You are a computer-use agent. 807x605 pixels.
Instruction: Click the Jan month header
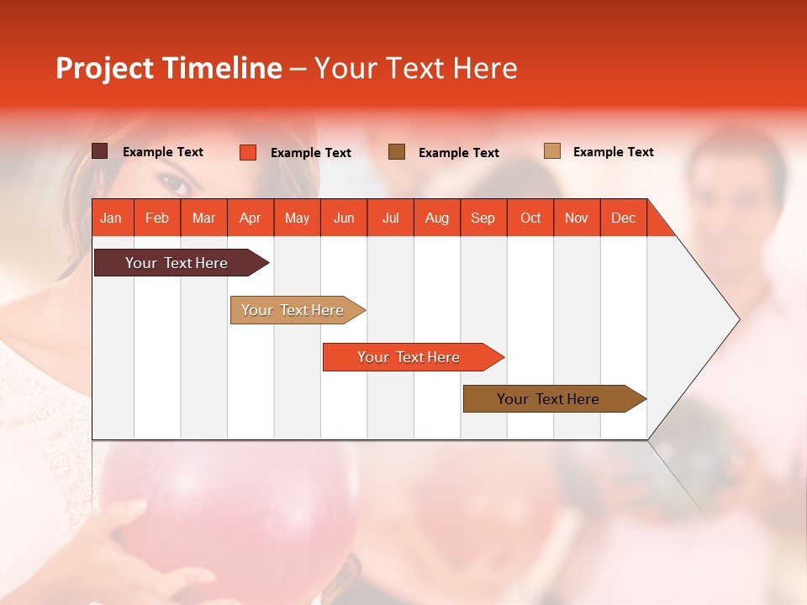click(111, 218)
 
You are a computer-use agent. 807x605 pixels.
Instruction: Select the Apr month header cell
click(250, 218)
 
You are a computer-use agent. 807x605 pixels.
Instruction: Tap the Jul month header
click(390, 218)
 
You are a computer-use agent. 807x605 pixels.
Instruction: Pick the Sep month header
click(483, 218)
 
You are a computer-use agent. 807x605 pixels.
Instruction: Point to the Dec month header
click(623, 218)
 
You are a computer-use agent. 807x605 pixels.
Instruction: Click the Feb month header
click(157, 218)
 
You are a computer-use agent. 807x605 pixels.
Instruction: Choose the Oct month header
click(530, 218)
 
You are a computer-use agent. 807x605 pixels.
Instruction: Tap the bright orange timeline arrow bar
click(409, 357)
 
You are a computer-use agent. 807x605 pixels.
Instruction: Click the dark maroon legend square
click(99, 151)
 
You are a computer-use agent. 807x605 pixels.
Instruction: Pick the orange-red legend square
click(247, 152)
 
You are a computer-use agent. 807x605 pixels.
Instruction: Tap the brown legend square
click(397, 151)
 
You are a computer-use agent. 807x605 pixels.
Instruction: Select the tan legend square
click(551, 151)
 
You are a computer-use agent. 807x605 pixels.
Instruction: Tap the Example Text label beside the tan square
click(613, 152)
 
